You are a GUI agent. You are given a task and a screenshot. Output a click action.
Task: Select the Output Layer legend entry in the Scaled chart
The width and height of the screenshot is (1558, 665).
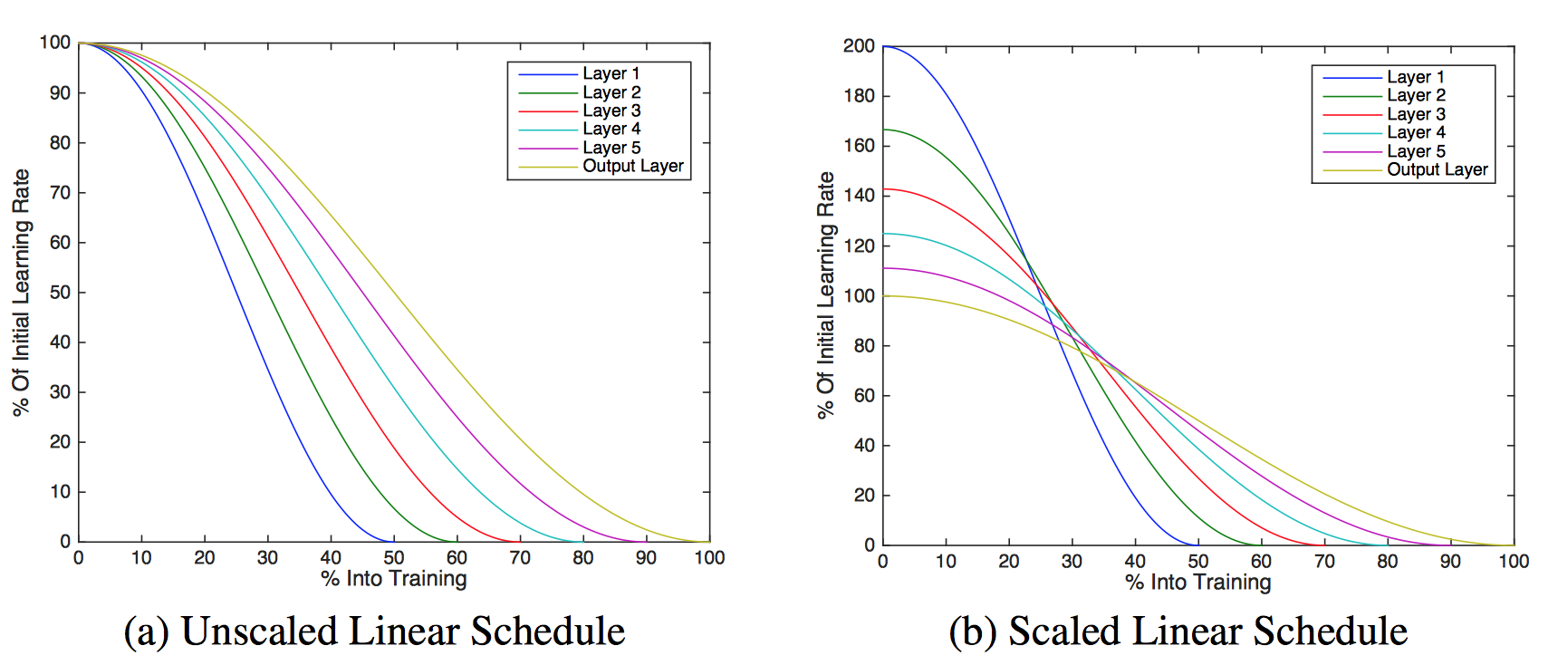click(1437, 169)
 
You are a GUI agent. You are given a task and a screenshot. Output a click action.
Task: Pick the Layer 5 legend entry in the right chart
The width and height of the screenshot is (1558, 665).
click(1416, 150)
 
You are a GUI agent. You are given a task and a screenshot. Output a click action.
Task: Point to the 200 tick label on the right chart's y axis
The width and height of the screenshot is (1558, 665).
click(859, 46)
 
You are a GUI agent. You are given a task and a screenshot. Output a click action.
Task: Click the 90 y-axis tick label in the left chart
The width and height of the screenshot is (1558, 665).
click(60, 92)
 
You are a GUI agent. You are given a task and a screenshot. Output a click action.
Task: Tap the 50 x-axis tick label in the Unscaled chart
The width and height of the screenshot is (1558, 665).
click(394, 558)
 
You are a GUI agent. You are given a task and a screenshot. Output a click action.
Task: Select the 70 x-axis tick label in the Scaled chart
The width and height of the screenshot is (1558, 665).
click(1324, 562)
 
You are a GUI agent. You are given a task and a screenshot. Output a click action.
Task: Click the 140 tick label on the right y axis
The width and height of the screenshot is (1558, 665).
click(859, 196)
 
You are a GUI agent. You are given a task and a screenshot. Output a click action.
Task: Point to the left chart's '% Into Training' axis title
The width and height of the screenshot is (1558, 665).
click(394, 579)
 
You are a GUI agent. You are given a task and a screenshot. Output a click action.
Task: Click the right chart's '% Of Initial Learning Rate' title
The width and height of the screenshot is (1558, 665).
click(825, 294)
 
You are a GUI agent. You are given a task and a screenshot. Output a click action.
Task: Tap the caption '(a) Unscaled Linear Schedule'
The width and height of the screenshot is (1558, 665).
click(374, 631)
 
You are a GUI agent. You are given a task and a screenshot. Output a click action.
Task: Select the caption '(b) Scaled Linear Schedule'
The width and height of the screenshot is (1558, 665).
click(1178, 631)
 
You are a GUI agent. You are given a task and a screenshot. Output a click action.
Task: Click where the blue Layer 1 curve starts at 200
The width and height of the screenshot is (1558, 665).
click(884, 46)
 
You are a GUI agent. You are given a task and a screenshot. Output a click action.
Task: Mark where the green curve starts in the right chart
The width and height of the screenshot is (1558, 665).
click(884, 130)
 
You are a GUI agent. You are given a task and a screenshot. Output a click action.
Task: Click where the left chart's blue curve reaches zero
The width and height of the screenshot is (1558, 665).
click(393, 541)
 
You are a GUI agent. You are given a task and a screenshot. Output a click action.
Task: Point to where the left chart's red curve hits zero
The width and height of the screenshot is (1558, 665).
click(519, 541)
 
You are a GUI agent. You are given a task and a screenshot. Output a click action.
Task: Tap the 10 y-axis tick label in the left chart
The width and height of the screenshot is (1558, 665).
click(60, 492)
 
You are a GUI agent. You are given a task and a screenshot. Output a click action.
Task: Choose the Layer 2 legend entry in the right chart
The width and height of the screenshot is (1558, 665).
click(1416, 95)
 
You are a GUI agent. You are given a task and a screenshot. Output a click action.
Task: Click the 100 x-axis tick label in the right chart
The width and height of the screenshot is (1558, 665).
click(1514, 562)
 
